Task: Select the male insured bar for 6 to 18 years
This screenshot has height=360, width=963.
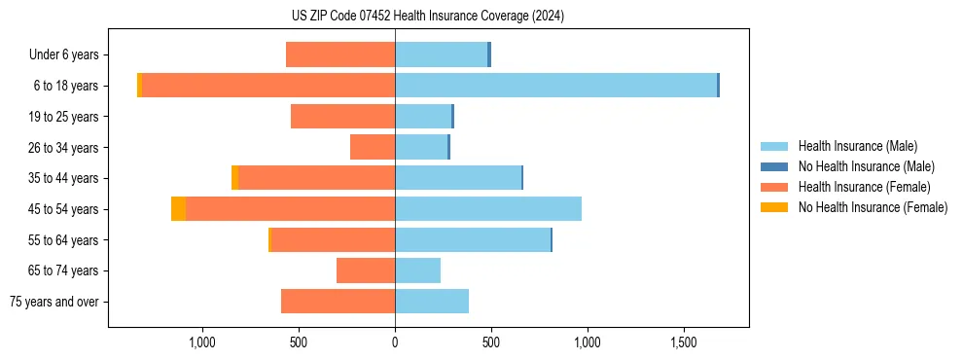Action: (x=555, y=86)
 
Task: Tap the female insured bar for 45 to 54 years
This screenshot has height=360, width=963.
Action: (x=290, y=209)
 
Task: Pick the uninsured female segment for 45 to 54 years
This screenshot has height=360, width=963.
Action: (x=178, y=209)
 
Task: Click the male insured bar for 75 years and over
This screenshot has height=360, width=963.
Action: (x=432, y=302)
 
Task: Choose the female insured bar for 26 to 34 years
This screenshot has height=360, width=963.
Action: (x=373, y=147)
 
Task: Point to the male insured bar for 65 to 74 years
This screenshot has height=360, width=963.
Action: (x=417, y=270)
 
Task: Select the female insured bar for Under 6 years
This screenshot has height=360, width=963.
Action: (x=340, y=54)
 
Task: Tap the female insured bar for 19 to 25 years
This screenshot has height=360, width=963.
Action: (x=342, y=117)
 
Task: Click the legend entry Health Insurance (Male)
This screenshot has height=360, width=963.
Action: (x=855, y=147)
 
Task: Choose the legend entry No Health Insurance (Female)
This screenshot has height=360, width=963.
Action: (x=871, y=207)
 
